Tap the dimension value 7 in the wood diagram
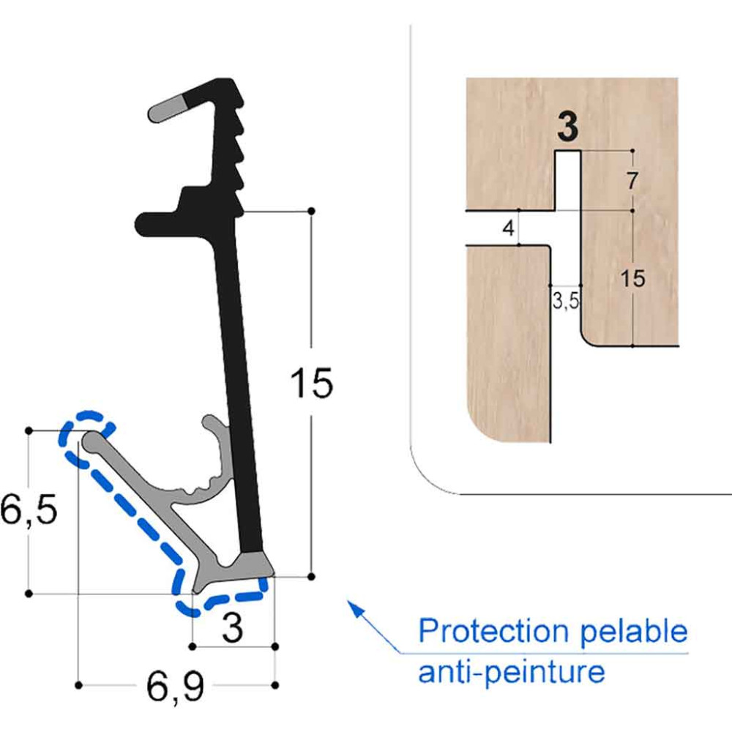coord(632,181)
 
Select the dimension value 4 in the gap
coord(509,228)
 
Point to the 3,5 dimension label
coord(566,301)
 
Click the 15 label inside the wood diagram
coord(633,278)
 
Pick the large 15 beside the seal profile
coord(311,383)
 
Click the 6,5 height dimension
coord(29,509)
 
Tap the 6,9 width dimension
coord(176,687)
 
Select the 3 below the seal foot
coord(232,628)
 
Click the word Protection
coord(493,631)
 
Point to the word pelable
coord(634,631)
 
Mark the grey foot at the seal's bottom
coord(234,570)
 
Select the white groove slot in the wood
coord(568,180)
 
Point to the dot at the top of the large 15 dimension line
coord(311,211)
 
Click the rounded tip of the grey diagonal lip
coord(92,440)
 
